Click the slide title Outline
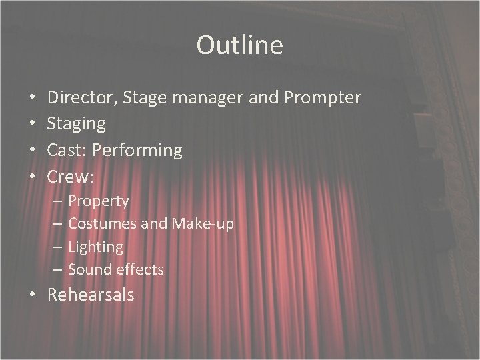[239, 45]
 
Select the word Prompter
[323, 99]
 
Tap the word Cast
[65, 151]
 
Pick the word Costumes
[104, 224]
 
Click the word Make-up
[203, 224]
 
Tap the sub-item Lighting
[95, 247]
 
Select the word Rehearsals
[91, 295]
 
